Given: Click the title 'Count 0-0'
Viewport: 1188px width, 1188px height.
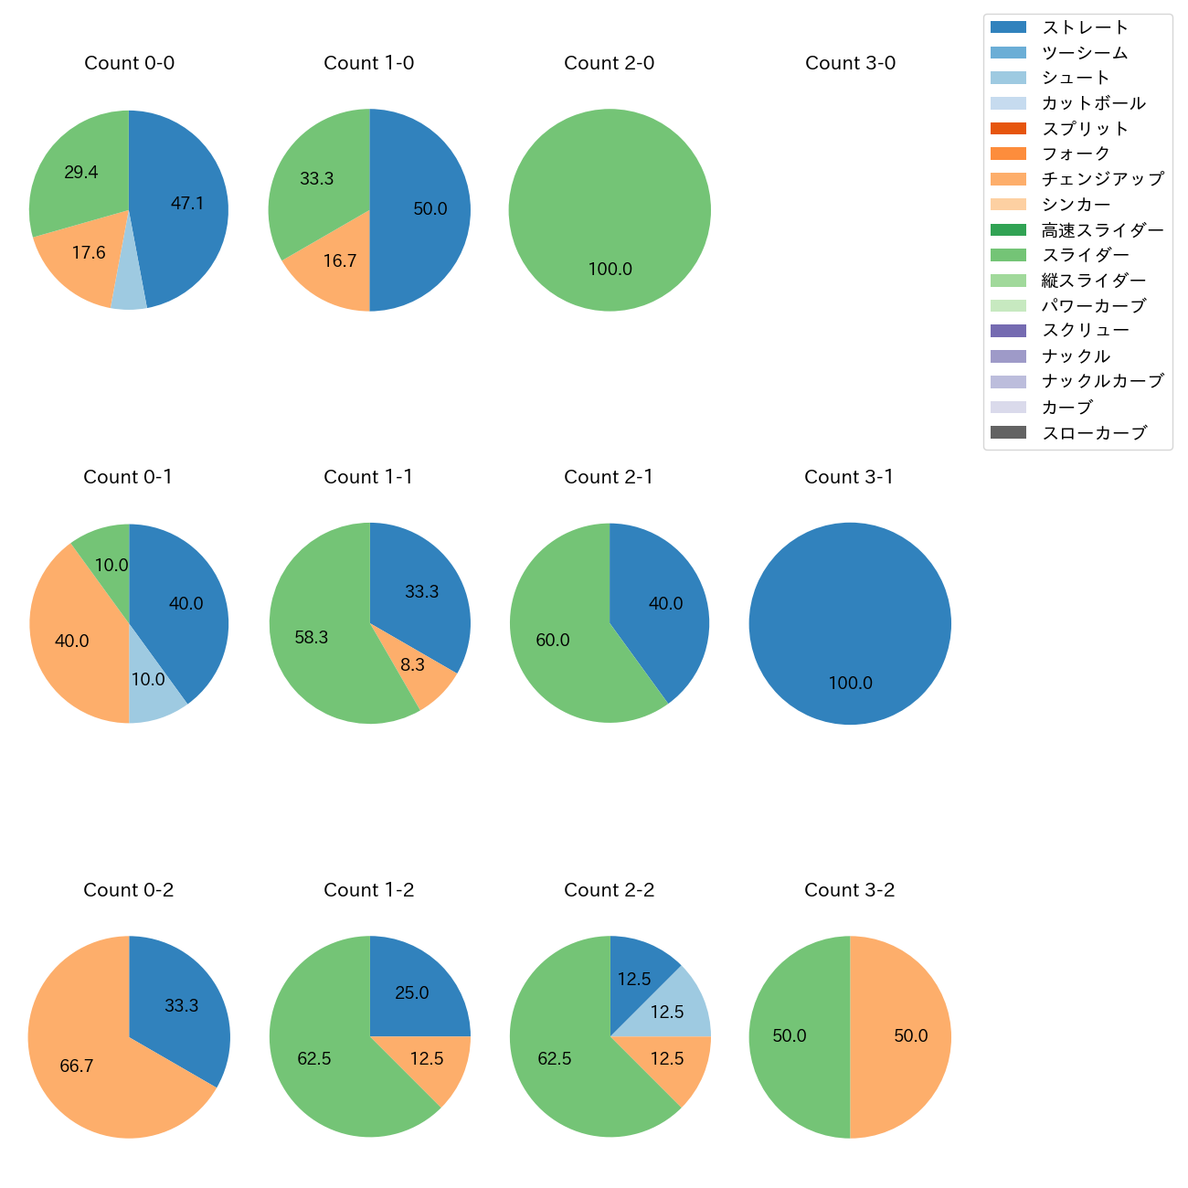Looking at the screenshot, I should coord(129,63).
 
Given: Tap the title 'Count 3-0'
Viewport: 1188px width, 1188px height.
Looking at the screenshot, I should coord(850,63).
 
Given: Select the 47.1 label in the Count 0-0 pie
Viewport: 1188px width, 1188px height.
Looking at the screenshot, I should coord(187,203).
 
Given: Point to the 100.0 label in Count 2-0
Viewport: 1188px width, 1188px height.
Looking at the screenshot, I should coord(610,269).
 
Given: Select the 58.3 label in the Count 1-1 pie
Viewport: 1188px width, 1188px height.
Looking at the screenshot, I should coord(311,637).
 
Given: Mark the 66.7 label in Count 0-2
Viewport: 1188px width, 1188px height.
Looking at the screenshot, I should coord(77,1066).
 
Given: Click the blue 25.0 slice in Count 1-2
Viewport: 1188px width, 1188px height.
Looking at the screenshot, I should coord(411,987).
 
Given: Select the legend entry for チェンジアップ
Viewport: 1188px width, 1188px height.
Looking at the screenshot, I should coord(1102,179).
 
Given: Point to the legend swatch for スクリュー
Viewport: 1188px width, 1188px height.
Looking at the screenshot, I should coord(1008,331).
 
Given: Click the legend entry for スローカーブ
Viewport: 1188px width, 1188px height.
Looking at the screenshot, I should coord(1093,432).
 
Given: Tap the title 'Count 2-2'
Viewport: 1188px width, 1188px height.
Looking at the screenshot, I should coord(610,890).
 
